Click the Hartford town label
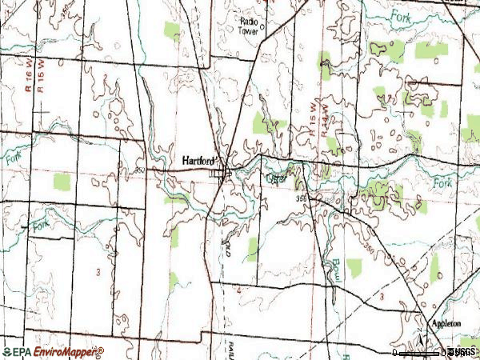194,160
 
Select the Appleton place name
446,323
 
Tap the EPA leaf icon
7,351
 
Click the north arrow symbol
420,339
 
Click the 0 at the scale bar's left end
395,351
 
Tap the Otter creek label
276,180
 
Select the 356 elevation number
301,198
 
